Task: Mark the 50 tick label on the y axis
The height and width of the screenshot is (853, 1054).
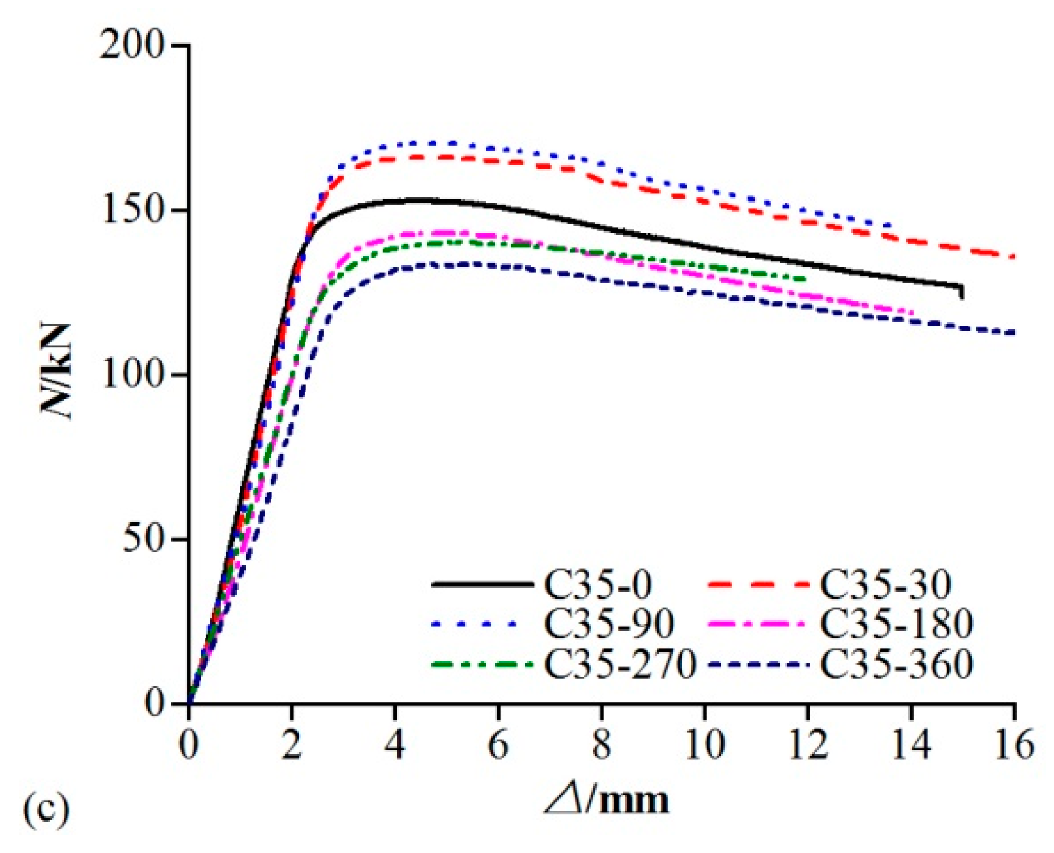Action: point(142,540)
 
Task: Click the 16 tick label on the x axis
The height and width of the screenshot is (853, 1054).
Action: point(1014,745)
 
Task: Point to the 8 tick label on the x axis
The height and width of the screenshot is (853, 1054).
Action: point(601,745)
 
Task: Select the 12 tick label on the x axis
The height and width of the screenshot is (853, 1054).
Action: point(808,745)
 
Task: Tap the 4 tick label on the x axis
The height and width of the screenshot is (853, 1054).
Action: point(395,745)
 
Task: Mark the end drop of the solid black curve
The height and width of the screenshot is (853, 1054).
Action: point(962,292)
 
